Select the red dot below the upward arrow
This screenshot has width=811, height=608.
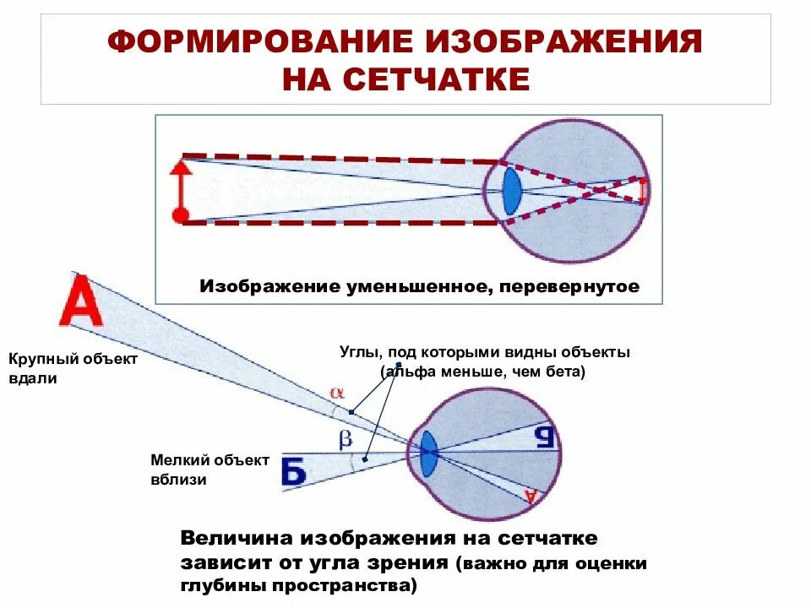[180, 214]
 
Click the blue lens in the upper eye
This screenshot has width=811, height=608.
[511, 191]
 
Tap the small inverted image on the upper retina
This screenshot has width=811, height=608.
[643, 191]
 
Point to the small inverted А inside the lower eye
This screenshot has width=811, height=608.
[531, 496]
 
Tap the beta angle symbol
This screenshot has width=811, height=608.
[345, 438]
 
